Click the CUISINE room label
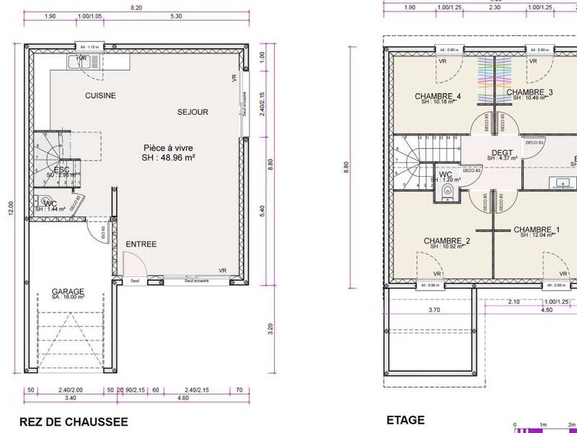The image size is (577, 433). point(100,95)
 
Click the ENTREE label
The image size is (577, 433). point(141,245)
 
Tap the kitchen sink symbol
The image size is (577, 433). point(78,62)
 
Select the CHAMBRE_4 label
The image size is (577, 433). point(438,97)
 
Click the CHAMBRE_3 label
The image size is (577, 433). point(529,92)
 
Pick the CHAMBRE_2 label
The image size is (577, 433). point(447,240)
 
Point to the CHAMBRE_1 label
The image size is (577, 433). point(537,230)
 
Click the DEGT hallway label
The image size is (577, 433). point(501,153)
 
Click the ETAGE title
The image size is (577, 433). point(406,420)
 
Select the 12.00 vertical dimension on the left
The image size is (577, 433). point(10,208)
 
